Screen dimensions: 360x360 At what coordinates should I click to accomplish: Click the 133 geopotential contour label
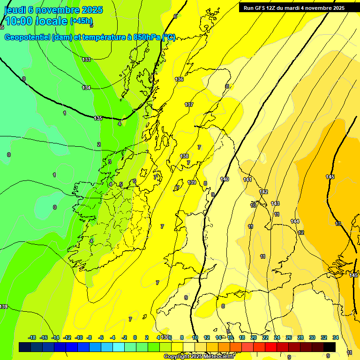pos(86,60)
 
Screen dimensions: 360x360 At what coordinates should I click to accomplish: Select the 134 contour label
pos(86,88)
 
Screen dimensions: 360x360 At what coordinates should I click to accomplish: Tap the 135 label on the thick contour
pos(98,118)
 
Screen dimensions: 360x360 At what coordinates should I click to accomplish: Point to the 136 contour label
pos(179,79)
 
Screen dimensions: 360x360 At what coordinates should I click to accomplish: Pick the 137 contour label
pos(189,105)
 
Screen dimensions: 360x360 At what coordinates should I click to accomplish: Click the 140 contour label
pos(225,179)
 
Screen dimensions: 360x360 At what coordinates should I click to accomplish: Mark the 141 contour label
pos(248,180)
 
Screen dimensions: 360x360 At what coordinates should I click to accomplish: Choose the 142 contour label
pos(263,192)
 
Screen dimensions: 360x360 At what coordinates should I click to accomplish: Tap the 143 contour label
pos(275,203)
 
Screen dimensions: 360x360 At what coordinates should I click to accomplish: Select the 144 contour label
pos(295,221)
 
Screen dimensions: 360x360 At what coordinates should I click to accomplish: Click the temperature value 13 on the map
pos(338,224)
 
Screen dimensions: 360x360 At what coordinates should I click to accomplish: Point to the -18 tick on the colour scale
pos(32,337)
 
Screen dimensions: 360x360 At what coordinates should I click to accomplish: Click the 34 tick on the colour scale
pos(336,337)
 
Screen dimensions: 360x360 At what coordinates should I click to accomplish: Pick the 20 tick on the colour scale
pos(254,337)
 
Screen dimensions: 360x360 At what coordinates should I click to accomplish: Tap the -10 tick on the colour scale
pos(79,337)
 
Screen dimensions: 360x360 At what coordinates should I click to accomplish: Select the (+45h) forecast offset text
pos(81,21)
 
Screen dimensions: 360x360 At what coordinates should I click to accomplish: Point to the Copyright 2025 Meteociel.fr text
pos(199,357)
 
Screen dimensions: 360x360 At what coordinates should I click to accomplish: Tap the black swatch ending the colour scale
pos(330,347)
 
